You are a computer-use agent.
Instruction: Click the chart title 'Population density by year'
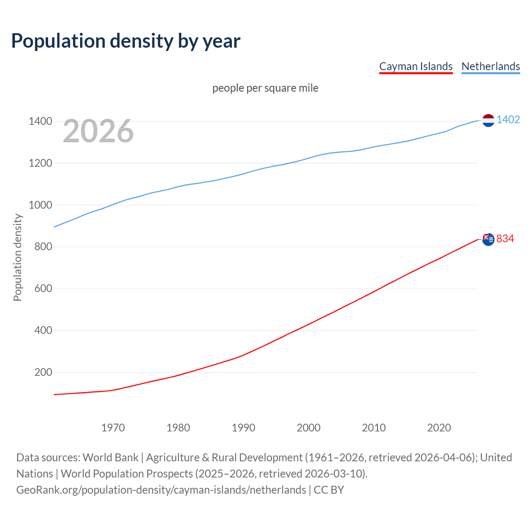coord(126,41)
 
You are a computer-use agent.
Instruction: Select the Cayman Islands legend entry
coord(416,66)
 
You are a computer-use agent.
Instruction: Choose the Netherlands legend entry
coord(490,66)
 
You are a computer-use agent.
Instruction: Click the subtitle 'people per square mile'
coord(265,88)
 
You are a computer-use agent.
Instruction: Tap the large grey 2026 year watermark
coord(98,131)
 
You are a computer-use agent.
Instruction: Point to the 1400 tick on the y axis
coord(40,121)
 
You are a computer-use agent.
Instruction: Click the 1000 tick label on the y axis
coord(40,205)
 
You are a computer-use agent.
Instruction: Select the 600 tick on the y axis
coord(43,288)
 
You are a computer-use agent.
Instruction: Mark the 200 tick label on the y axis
coord(43,372)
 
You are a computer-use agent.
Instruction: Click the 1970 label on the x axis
coord(113,428)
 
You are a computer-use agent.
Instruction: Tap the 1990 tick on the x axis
coord(244,428)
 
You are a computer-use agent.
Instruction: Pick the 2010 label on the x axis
coord(374,428)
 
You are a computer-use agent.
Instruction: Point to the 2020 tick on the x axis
coord(439,428)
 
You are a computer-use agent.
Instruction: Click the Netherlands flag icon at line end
coord(488,120)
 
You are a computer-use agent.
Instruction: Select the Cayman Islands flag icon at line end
coord(488,239)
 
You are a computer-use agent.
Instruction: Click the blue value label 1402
coord(508,120)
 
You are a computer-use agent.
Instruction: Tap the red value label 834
coord(505,239)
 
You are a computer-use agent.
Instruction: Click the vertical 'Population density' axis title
coord(17,257)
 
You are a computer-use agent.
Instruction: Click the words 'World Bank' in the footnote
coord(110,458)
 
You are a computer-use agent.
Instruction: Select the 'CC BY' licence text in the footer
coord(329,490)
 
